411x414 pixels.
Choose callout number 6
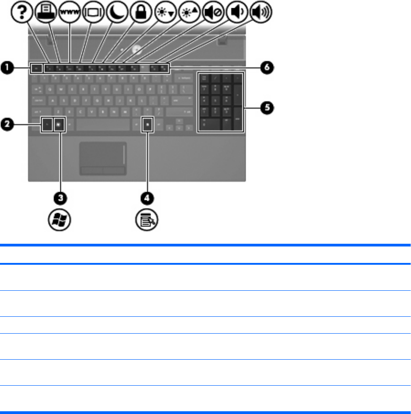click(268, 68)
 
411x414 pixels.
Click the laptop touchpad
click(103, 154)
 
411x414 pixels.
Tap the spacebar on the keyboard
click(105, 124)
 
